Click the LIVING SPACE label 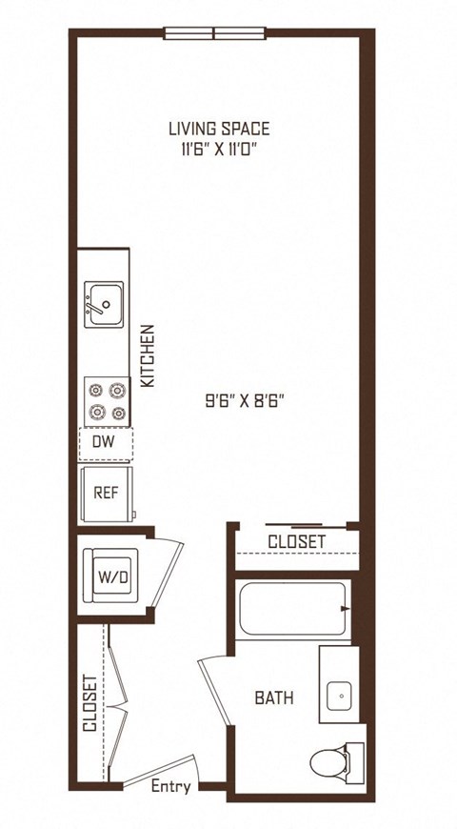(219, 129)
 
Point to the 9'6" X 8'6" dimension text (247, 402)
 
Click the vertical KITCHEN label (149, 355)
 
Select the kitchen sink (104, 304)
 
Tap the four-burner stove (107, 401)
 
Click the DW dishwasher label (104, 442)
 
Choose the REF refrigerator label (106, 493)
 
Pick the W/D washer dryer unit (110, 576)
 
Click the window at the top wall (214, 33)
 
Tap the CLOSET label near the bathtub (296, 542)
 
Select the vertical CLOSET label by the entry (89, 702)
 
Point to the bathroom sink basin (339, 696)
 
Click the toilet (336, 762)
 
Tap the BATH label (274, 698)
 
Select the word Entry (170, 786)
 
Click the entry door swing (161, 770)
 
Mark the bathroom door (215, 690)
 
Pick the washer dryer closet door (167, 573)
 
